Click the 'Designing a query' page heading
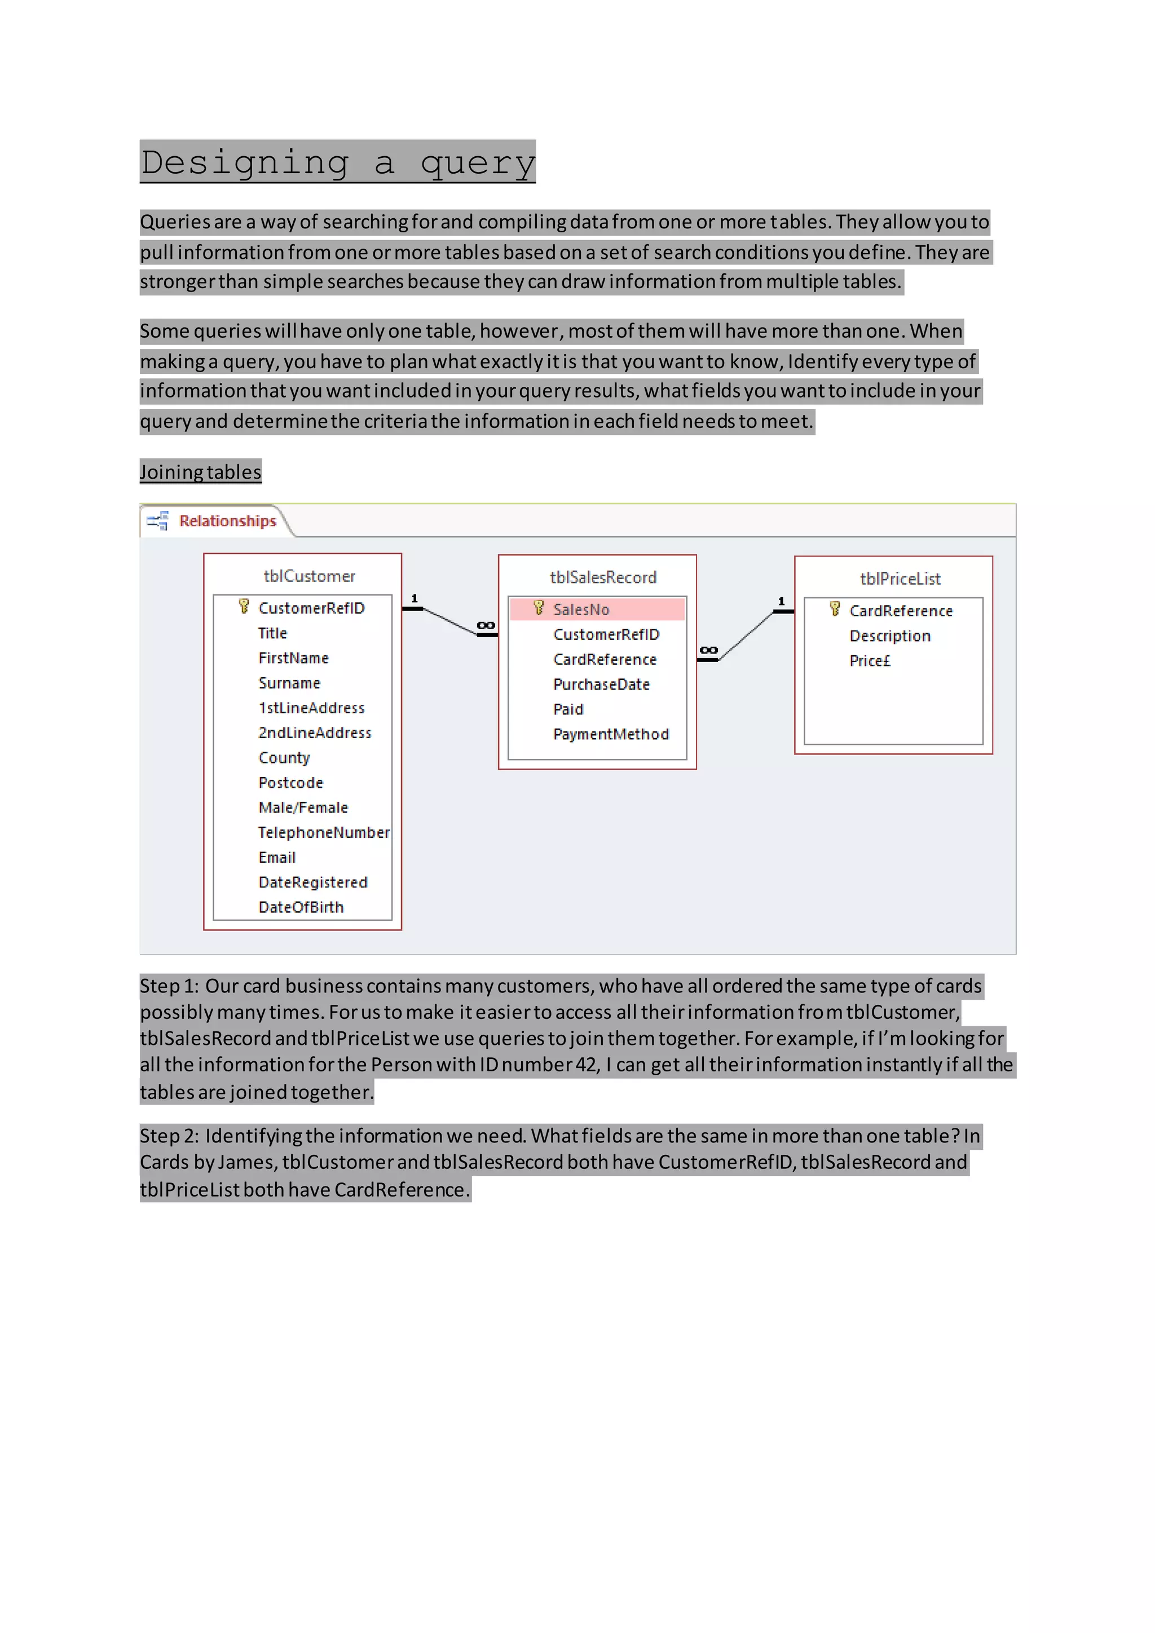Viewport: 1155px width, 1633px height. point(337,163)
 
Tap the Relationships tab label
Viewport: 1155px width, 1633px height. point(228,522)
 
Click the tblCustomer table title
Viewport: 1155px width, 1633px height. point(310,576)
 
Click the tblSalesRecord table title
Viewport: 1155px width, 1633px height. point(603,577)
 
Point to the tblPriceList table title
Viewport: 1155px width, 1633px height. point(900,579)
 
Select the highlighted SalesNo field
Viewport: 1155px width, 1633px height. point(581,610)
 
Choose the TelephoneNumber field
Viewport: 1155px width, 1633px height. point(324,833)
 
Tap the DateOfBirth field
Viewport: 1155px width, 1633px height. point(301,907)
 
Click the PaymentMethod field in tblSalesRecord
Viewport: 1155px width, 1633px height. point(611,735)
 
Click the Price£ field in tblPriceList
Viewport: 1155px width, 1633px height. point(870,661)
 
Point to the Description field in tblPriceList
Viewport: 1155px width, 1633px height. point(890,637)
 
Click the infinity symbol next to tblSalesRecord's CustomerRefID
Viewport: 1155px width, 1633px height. point(486,626)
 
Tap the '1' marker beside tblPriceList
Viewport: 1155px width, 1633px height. point(781,602)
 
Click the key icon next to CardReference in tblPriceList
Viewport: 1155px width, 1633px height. point(835,610)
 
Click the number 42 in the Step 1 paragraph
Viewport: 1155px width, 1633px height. point(587,1065)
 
